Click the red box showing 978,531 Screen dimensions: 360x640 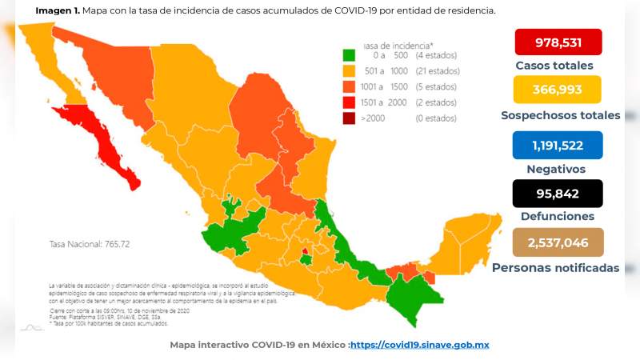(558, 42)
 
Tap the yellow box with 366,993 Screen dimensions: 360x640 (558, 90)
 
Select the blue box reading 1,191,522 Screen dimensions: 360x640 (558, 145)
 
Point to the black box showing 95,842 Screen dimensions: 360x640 (558, 193)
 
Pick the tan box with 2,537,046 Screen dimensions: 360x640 (558, 242)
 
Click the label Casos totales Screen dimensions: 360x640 (554, 66)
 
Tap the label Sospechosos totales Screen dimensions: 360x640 (560, 115)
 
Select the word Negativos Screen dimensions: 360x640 (556, 170)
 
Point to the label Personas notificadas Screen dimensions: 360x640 (556, 267)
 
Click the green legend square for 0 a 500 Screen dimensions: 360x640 (349, 56)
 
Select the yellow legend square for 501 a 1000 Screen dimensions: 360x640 (349, 71)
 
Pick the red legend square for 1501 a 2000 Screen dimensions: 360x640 (349, 102)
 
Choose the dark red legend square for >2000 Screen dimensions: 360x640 (349, 118)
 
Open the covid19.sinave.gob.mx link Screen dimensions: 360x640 (419, 345)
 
